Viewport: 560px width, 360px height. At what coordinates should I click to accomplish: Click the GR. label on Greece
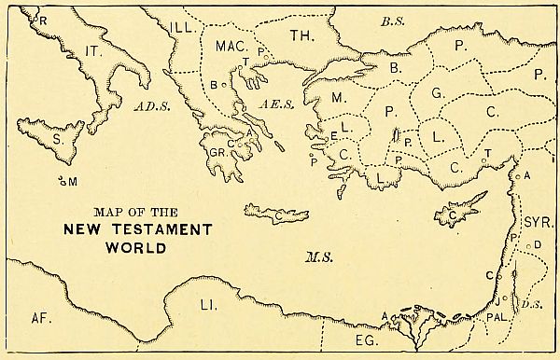click(217, 150)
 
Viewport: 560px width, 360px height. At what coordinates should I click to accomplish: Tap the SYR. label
click(538, 224)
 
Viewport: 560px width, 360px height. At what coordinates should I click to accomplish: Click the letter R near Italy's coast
click(40, 18)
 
